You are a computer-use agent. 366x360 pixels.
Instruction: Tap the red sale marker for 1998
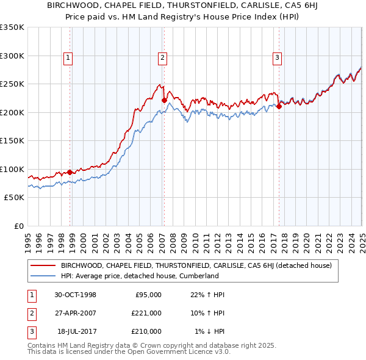(70, 172)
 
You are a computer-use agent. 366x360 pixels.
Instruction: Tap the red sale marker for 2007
(164, 101)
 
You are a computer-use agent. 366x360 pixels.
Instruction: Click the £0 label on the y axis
(18, 226)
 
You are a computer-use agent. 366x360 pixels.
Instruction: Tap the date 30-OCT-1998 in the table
(75, 295)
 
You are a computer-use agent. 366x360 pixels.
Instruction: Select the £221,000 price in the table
(146, 313)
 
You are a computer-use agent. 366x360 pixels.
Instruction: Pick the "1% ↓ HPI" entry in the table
(210, 331)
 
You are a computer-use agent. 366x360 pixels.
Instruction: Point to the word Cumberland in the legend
(198, 276)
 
